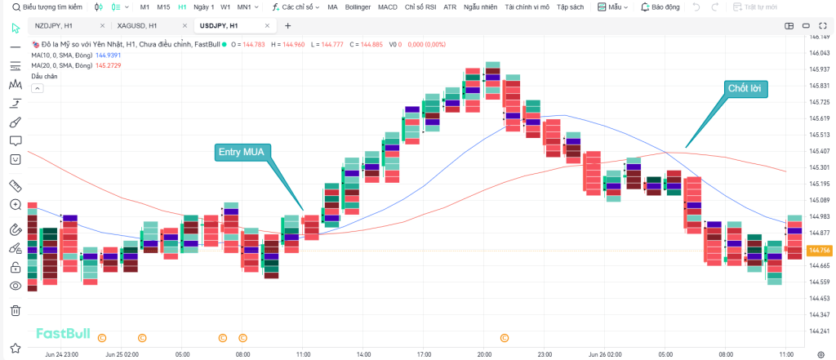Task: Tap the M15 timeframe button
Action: point(163,7)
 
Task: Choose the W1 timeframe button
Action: point(225,7)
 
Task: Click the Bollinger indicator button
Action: point(358,7)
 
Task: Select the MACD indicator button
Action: point(388,7)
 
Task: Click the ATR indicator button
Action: point(450,7)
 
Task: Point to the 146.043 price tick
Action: point(819,53)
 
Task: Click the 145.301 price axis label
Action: point(819,167)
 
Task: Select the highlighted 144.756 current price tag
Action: point(818,251)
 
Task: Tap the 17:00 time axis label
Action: point(424,355)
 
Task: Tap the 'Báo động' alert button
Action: point(661,7)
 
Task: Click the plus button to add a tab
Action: point(287,25)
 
